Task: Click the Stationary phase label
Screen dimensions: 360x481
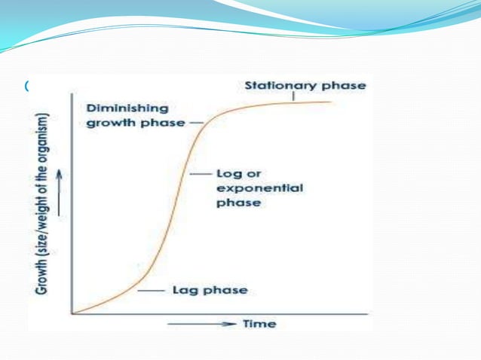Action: point(305,85)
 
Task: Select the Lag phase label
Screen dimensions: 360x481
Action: point(210,290)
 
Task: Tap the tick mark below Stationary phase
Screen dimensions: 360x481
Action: point(293,96)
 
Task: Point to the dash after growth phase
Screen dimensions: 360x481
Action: point(196,122)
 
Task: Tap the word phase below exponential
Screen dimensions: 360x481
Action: point(237,202)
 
